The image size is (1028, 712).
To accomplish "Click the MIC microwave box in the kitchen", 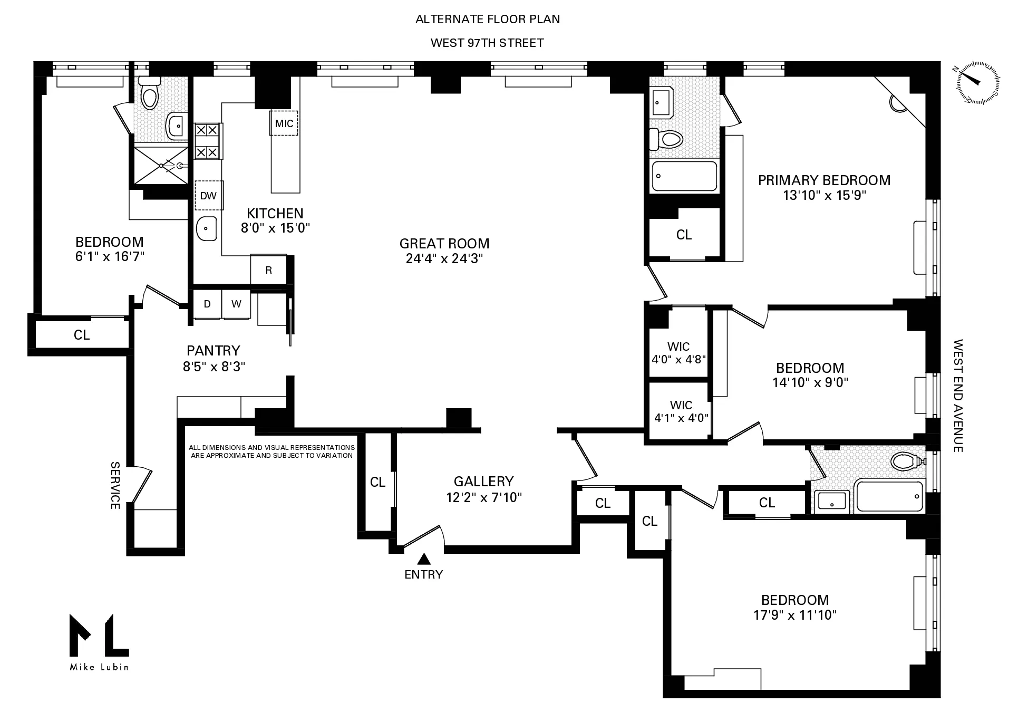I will pyautogui.click(x=284, y=123).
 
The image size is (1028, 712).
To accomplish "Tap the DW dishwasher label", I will pyautogui.click(x=209, y=196).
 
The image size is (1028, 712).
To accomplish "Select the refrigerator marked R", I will pyautogui.click(x=269, y=271).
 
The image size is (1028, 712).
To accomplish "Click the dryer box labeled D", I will pyautogui.click(x=207, y=304).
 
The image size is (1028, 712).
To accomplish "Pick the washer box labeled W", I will pyautogui.click(x=236, y=304).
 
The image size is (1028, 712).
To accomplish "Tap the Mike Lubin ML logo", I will pyautogui.click(x=99, y=641).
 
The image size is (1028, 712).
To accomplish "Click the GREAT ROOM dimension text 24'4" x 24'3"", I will pyautogui.click(x=444, y=258).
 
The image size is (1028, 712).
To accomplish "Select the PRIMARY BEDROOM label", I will pyautogui.click(x=824, y=180).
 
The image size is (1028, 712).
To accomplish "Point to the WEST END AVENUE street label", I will pyautogui.click(x=958, y=396).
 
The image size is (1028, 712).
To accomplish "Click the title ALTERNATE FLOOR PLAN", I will pyautogui.click(x=488, y=19).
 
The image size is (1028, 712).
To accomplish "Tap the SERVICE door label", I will pyautogui.click(x=115, y=485).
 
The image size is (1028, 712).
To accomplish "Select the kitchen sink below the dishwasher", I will pyautogui.click(x=207, y=228).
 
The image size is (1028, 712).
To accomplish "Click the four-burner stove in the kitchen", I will pyautogui.click(x=207, y=141).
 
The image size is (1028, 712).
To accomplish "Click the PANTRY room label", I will pyautogui.click(x=214, y=351).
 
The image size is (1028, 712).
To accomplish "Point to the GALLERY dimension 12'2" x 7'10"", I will pyautogui.click(x=483, y=497).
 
